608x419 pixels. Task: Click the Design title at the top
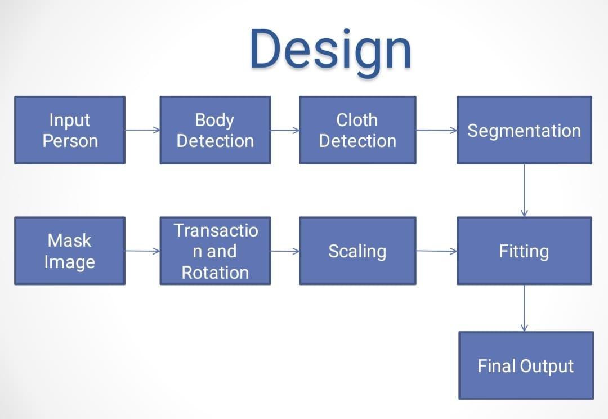coord(330,50)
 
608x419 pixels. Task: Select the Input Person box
coord(70,130)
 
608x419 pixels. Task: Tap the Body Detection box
coord(215,130)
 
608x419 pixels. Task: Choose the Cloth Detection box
coord(357,130)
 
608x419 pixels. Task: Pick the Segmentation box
coord(524,130)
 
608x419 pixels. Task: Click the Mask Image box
coord(70,251)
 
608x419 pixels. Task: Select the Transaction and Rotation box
coord(215,251)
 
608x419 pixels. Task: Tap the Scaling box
coord(357,251)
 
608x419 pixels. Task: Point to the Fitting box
coord(524,251)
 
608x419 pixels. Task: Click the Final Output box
coord(526,365)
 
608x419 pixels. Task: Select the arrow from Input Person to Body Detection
coord(142,130)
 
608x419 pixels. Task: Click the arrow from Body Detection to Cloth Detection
coord(285,130)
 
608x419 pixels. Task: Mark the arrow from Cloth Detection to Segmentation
coord(436,130)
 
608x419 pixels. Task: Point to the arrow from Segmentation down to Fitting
coord(524,190)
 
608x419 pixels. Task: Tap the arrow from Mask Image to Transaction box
coord(142,251)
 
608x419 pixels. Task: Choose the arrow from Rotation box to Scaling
coord(285,251)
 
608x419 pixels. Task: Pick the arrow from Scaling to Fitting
coord(436,251)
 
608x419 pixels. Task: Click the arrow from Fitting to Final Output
coord(524,308)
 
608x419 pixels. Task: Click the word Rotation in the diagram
coord(215,273)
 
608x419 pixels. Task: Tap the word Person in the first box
coord(70,141)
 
